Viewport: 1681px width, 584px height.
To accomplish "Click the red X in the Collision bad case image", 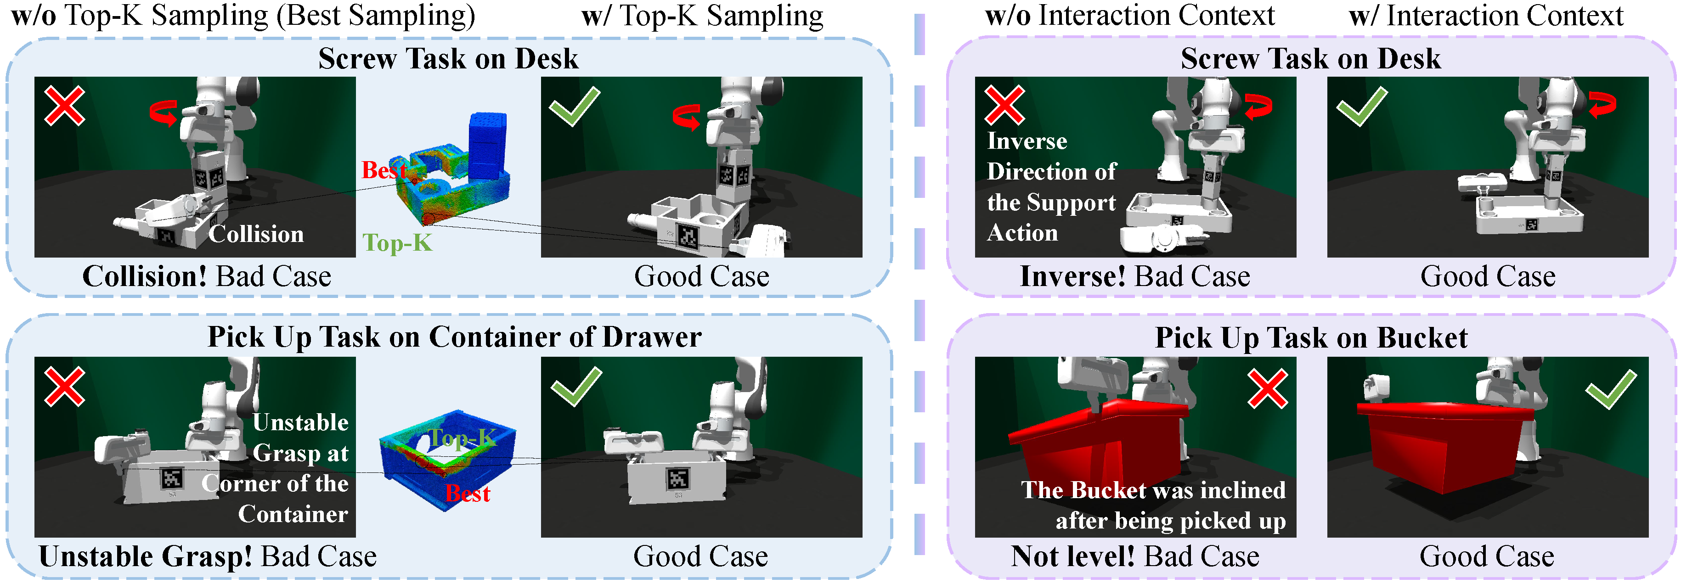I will [x=65, y=105].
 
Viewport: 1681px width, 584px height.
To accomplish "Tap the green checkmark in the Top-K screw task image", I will [x=574, y=107].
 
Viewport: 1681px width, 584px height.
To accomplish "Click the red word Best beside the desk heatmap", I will [x=384, y=170].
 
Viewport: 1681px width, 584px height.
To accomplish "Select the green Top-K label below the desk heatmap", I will [x=397, y=243].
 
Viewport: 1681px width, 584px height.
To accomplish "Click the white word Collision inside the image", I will [x=256, y=234].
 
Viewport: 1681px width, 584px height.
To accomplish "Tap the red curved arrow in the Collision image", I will [x=163, y=112].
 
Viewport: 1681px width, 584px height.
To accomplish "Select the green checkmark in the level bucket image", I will [x=1611, y=389].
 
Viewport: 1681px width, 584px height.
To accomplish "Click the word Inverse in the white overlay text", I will [x=1027, y=141].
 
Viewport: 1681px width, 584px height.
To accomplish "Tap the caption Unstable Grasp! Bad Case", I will [x=208, y=556].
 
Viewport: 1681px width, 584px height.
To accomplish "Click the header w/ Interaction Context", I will [x=1486, y=16].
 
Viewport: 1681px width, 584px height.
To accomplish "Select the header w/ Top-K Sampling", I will [x=702, y=16].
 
